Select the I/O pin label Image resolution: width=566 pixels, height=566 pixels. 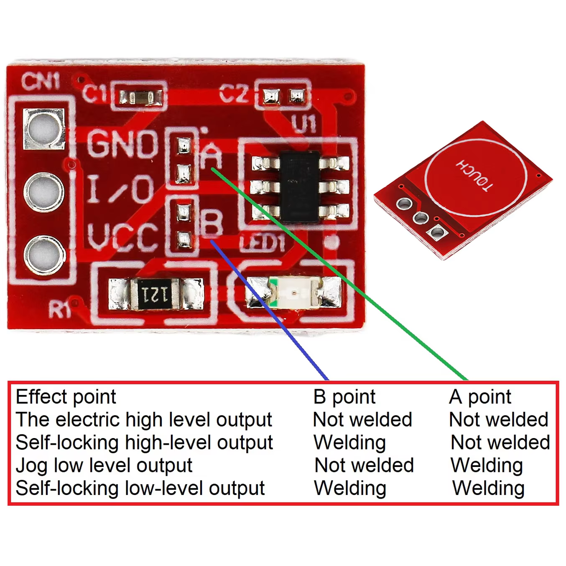pyautogui.click(x=121, y=189)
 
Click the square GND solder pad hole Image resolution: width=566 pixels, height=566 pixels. pyautogui.click(x=44, y=128)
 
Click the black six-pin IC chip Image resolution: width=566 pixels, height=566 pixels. pyautogui.click(x=300, y=187)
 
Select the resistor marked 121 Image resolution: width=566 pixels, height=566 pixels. pyautogui.click(x=156, y=294)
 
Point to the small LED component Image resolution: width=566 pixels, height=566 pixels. pyautogui.click(x=294, y=293)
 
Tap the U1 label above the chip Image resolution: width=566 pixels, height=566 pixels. pyautogui.click(x=304, y=123)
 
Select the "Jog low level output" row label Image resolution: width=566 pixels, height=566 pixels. pyautogui.click(x=104, y=466)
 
